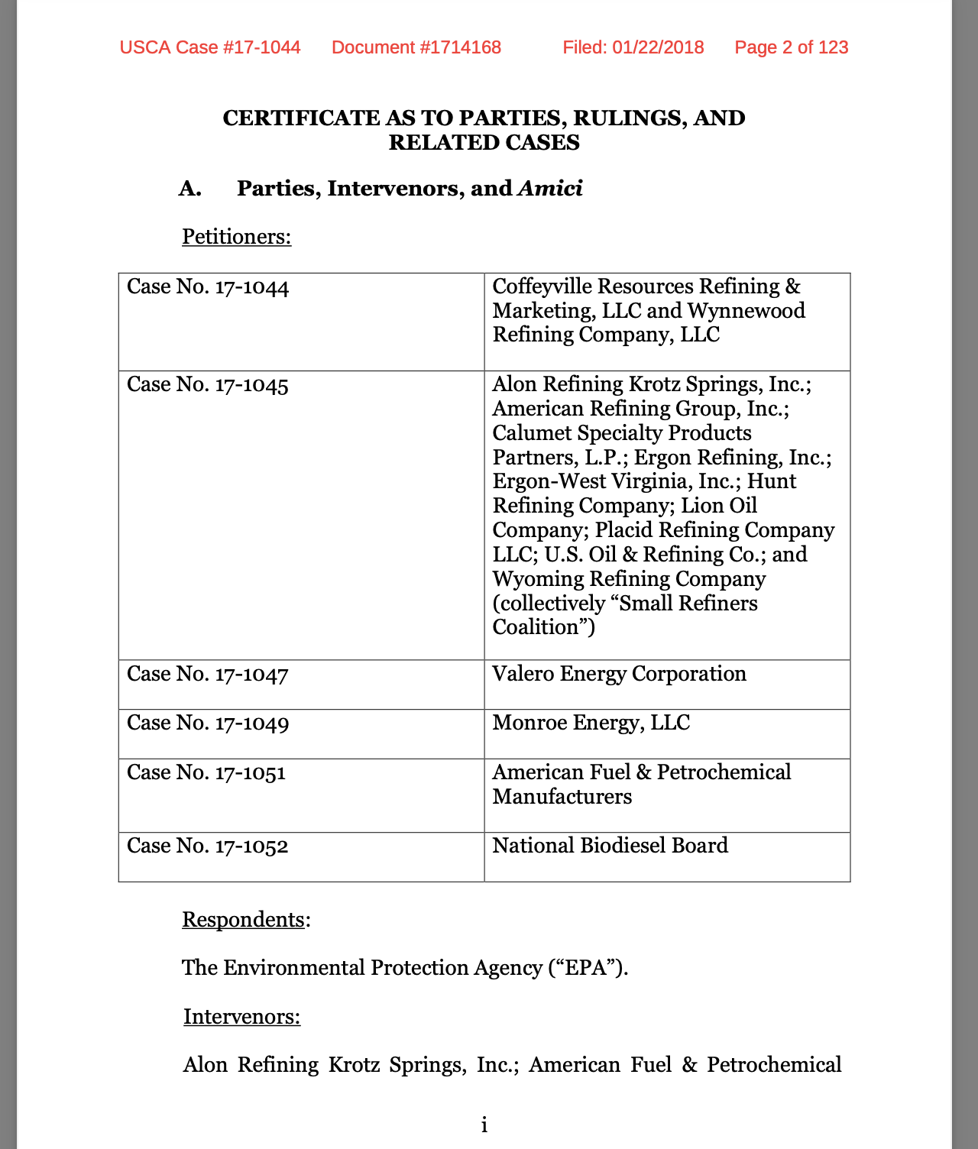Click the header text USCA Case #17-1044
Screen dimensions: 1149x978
(x=210, y=47)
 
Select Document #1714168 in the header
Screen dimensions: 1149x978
(x=416, y=47)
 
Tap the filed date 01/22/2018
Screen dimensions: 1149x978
(x=657, y=47)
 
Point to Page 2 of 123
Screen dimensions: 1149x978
(x=791, y=47)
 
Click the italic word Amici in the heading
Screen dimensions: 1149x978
(x=550, y=189)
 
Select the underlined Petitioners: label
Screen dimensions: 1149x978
(x=236, y=237)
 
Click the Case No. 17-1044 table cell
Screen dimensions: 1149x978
(x=208, y=288)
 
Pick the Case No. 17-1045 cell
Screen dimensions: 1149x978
(x=208, y=385)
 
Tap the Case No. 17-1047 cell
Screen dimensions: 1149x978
(x=208, y=675)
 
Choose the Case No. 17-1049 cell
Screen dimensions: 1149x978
(x=208, y=723)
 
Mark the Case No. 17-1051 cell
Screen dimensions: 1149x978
(x=206, y=773)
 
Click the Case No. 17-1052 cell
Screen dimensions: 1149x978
(x=208, y=846)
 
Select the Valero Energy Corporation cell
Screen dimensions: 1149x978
(x=619, y=674)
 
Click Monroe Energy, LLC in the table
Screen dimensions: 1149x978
(x=591, y=723)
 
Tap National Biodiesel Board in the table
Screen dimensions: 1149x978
(x=610, y=846)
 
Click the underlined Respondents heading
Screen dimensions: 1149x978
(x=243, y=919)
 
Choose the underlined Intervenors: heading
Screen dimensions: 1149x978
(x=241, y=1017)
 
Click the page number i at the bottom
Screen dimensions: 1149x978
(x=484, y=1125)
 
